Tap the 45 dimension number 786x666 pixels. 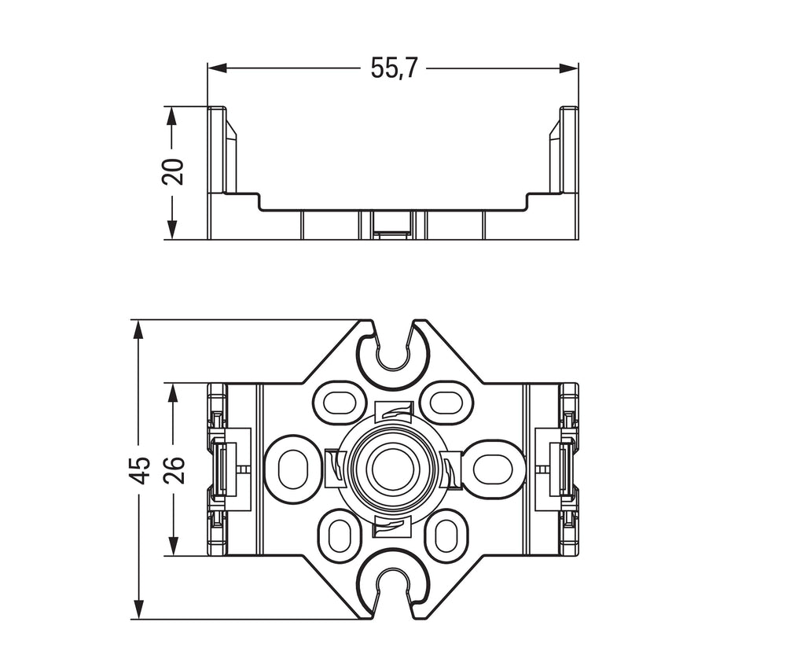[139, 469]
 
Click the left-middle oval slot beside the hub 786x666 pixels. [293, 469]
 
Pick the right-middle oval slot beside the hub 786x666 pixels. [492, 469]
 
